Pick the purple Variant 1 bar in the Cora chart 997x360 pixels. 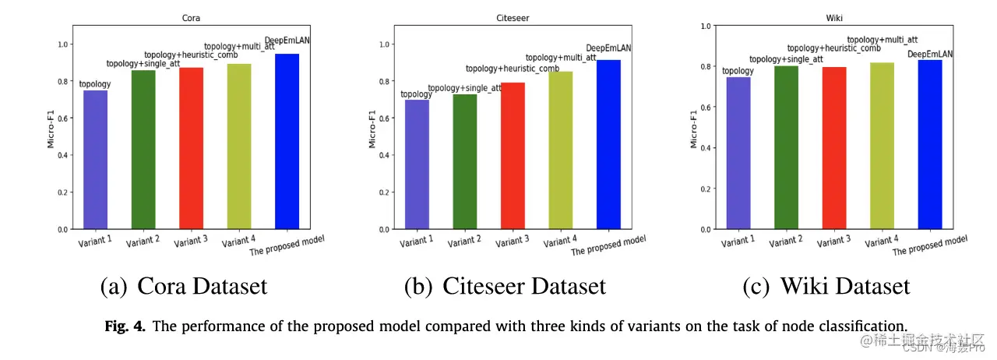pos(95,160)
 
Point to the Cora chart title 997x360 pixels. pos(191,16)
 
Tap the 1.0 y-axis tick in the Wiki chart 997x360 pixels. pos(705,26)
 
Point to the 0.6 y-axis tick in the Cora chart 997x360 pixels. pos(62,118)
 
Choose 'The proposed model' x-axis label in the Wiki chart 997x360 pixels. pos(929,245)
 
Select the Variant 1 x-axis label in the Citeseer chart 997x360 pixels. pos(417,241)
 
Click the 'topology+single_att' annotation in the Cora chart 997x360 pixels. pos(143,64)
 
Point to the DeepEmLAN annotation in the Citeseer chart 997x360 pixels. pos(608,48)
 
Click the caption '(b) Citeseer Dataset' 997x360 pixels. pos(505,286)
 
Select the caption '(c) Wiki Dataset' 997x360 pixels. pos(826,286)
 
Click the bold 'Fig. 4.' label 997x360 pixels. pos(125,326)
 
